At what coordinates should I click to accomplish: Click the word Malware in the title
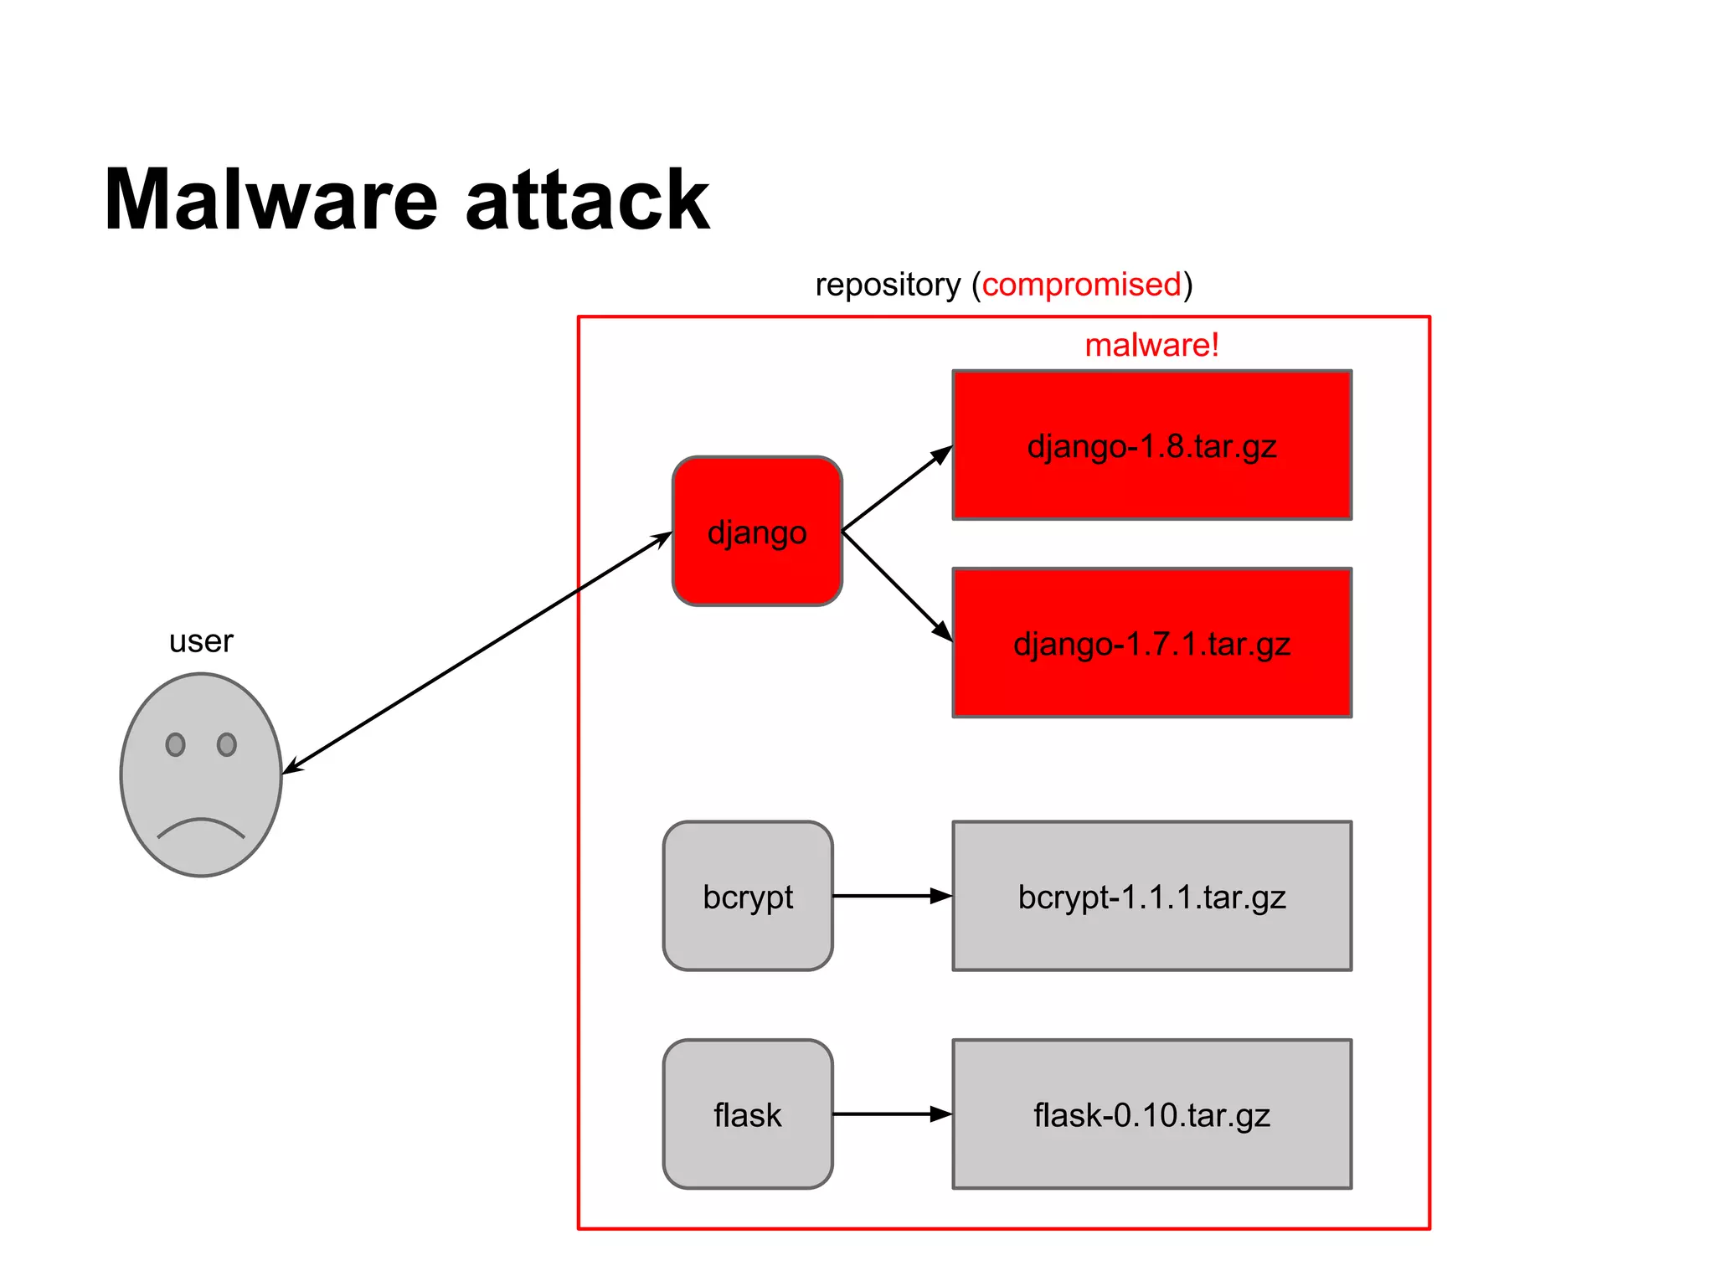(x=270, y=200)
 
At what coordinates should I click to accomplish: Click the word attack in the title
(x=587, y=200)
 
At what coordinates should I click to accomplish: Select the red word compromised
(x=1081, y=285)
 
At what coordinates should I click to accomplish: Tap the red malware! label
(x=1151, y=345)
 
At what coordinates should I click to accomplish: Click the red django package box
(x=757, y=532)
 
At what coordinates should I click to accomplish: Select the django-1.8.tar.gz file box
(x=1151, y=445)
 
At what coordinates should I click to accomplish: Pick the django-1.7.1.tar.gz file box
(x=1151, y=643)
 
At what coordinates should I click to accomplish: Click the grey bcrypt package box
(x=748, y=896)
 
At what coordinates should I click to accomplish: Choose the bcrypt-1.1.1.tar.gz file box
(x=1151, y=896)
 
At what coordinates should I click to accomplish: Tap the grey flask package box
(x=748, y=1114)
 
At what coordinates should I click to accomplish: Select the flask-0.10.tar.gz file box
(x=1151, y=1114)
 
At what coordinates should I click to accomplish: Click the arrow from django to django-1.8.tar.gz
(x=896, y=489)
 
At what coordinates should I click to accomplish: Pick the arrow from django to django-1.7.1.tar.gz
(x=896, y=585)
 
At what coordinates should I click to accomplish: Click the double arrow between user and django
(x=477, y=652)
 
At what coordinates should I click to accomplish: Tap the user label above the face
(x=201, y=641)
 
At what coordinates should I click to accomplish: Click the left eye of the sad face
(x=175, y=744)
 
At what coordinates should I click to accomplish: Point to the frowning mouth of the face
(x=201, y=827)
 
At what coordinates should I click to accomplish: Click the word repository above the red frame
(x=888, y=285)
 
